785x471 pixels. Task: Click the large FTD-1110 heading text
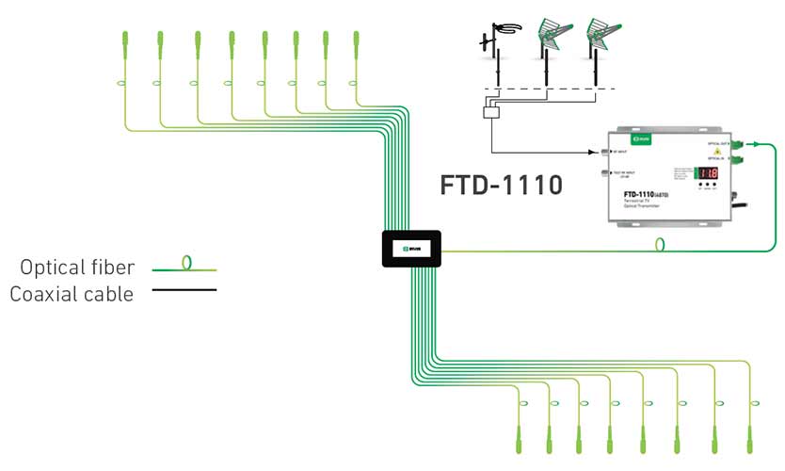click(x=501, y=183)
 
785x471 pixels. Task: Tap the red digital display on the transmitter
click(x=707, y=173)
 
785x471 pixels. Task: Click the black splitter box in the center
click(x=411, y=249)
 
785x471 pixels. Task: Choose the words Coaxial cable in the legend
click(x=72, y=294)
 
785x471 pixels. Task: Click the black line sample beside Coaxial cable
click(x=184, y=289)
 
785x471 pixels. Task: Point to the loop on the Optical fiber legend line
click(x=187, y=263)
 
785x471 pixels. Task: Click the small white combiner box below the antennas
click(x=491, y=113)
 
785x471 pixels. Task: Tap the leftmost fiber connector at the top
click(x=124, y=44)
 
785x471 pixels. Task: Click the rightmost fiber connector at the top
click(x=356, y=44)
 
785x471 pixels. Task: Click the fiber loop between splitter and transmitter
click(x=662, y=245)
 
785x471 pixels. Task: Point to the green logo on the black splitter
click(x=411, y=248)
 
